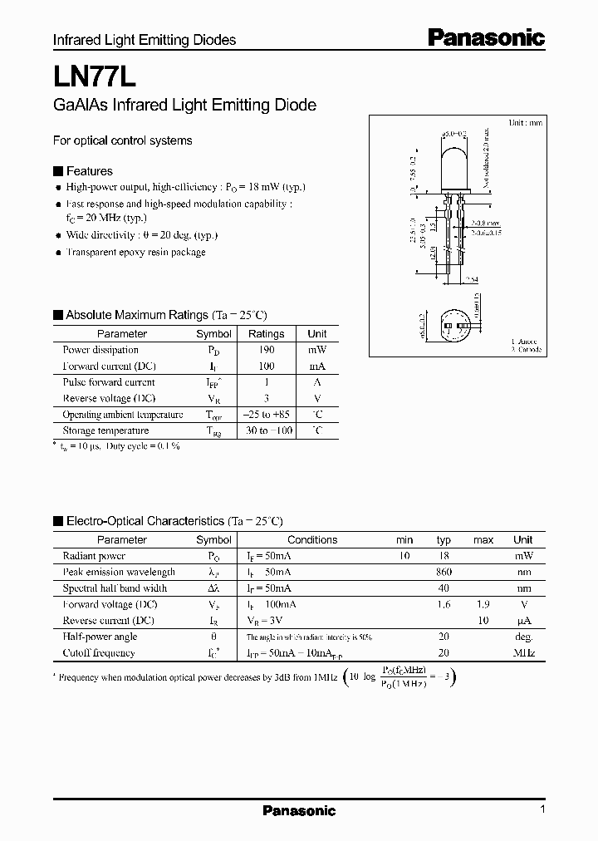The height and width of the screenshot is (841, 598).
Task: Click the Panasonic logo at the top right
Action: tap(486, 37)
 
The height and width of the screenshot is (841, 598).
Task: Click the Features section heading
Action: tap(89, 171)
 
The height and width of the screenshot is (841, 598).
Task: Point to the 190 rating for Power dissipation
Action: tap(266, 350)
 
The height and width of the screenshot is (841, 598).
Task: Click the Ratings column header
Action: tap(266, 333)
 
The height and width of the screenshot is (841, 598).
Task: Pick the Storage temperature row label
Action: tap(105, 430)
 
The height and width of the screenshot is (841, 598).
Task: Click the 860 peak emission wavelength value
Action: tap(444, 572)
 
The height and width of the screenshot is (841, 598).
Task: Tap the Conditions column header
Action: tap(312, 540)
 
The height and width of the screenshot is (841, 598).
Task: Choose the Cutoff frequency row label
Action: tap(98, 653)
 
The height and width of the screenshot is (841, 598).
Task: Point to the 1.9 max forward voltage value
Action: tap(483, 604)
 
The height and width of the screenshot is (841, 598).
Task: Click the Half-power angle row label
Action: tap(100, 637)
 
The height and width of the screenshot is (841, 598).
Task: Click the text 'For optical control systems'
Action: tap(122, 140)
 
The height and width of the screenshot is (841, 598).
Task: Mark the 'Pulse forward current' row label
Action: tap(109, 382)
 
